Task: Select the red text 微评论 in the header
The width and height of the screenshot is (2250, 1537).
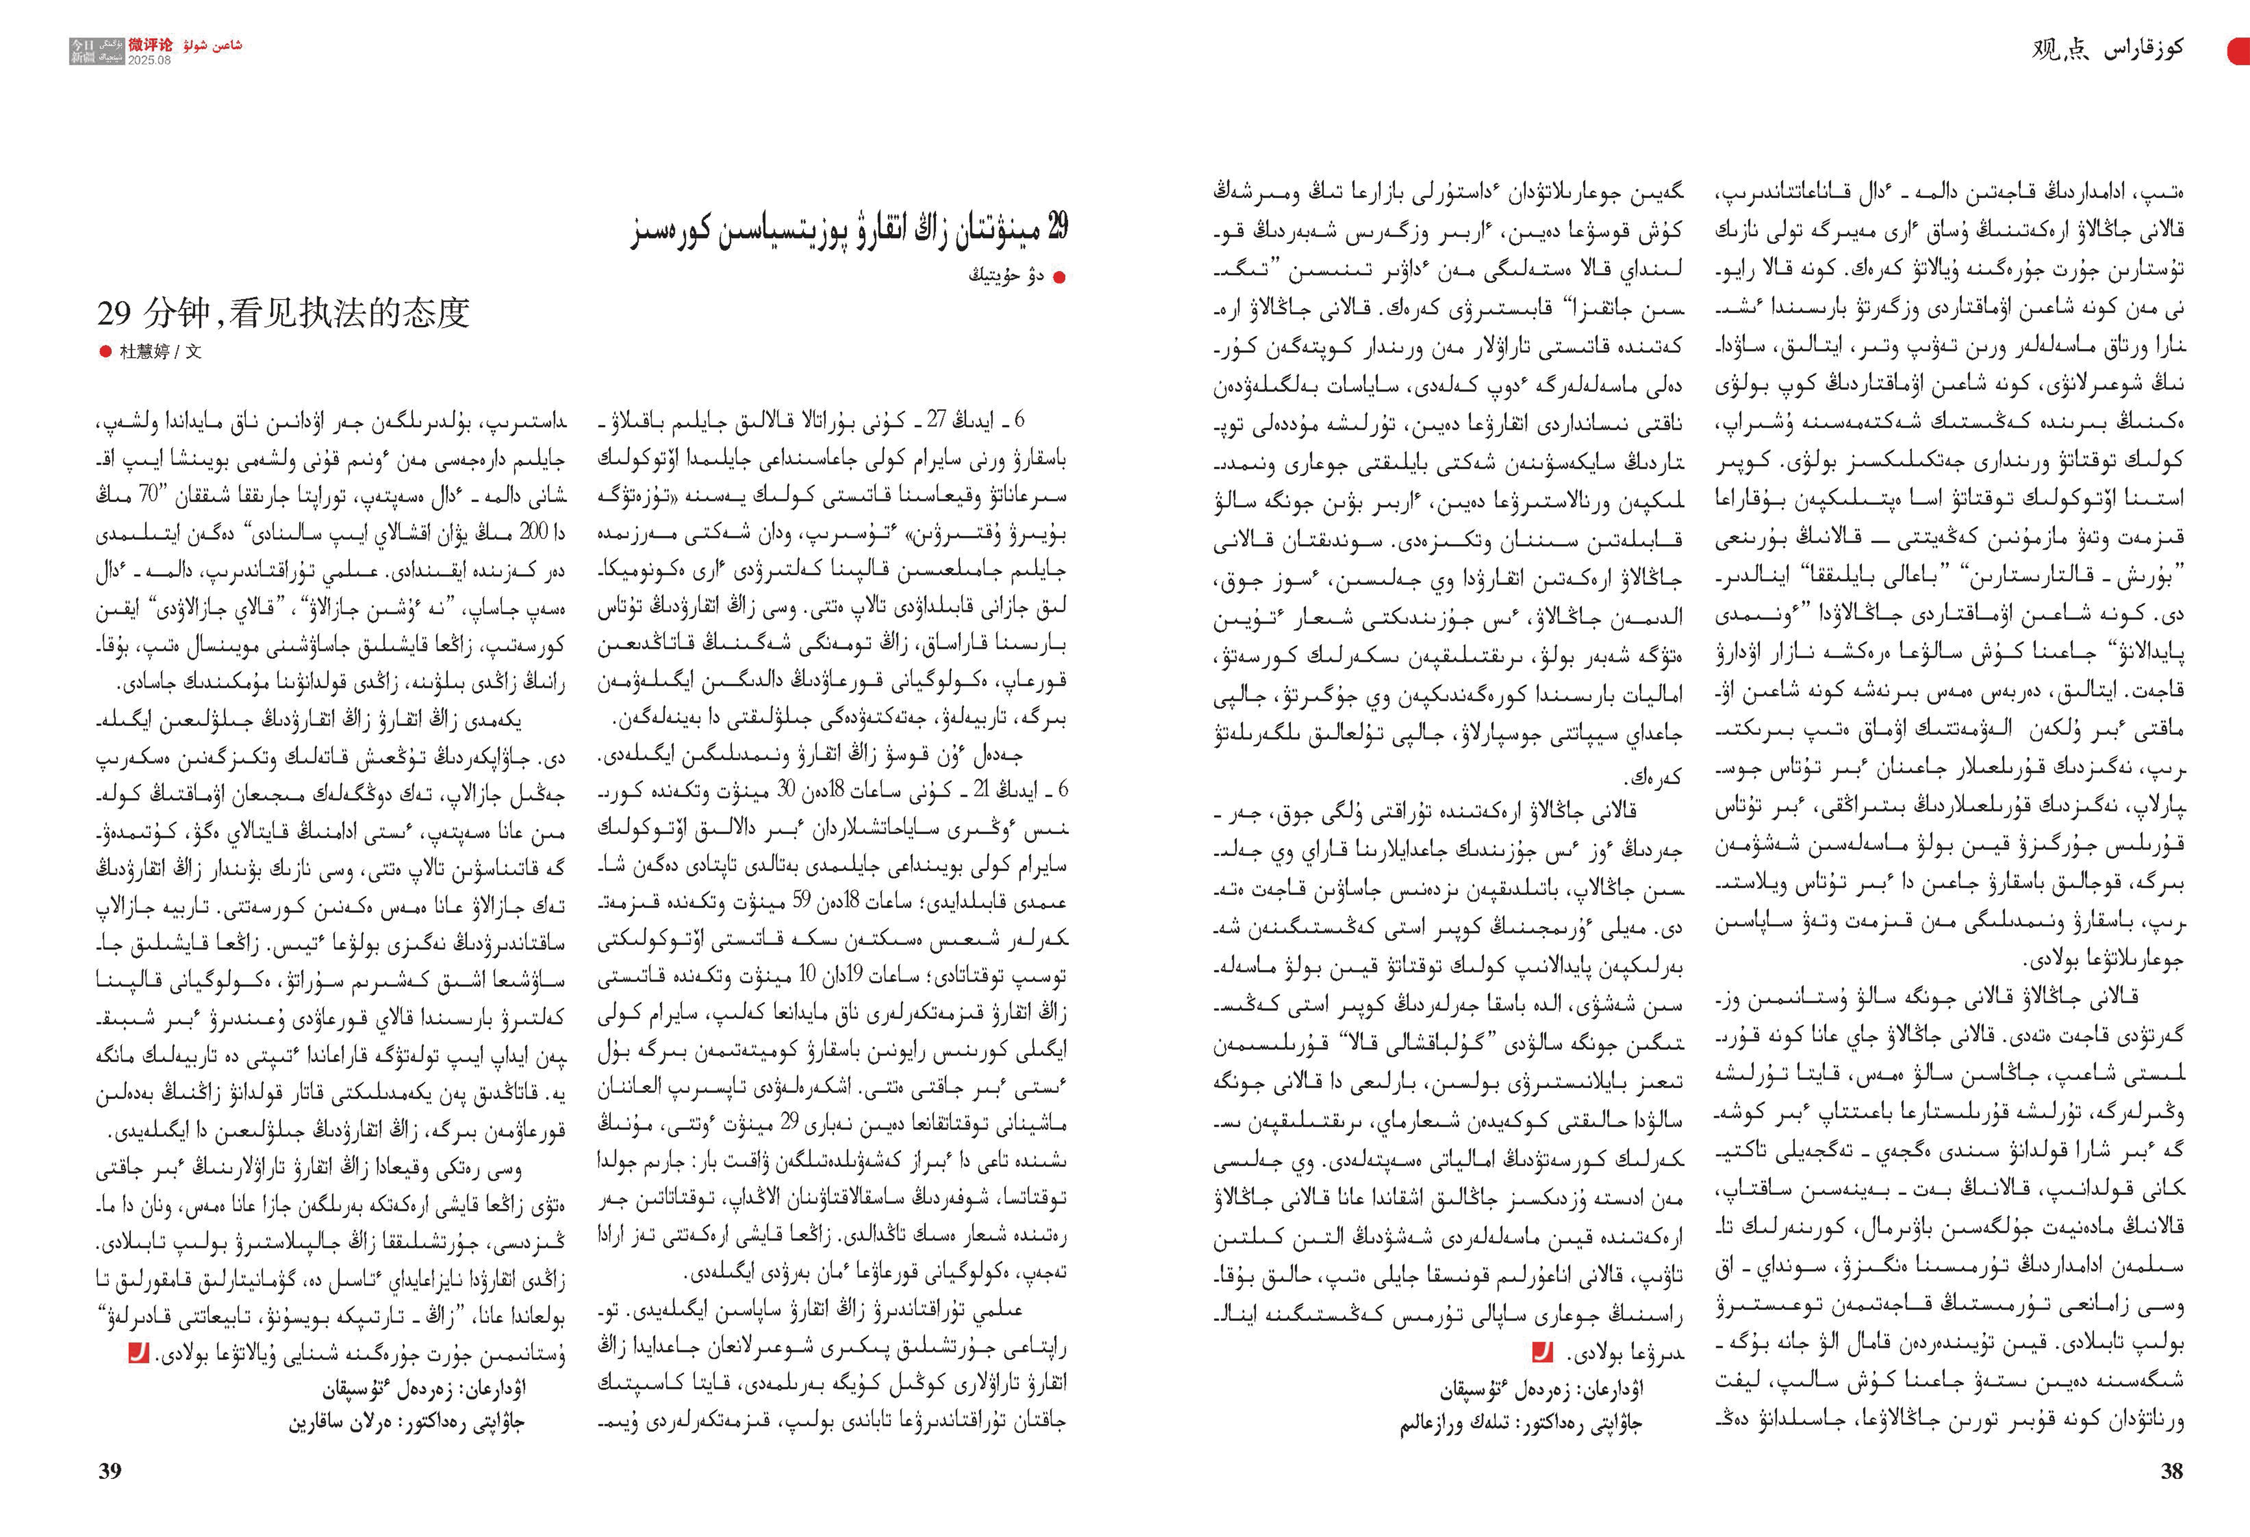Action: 151,44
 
